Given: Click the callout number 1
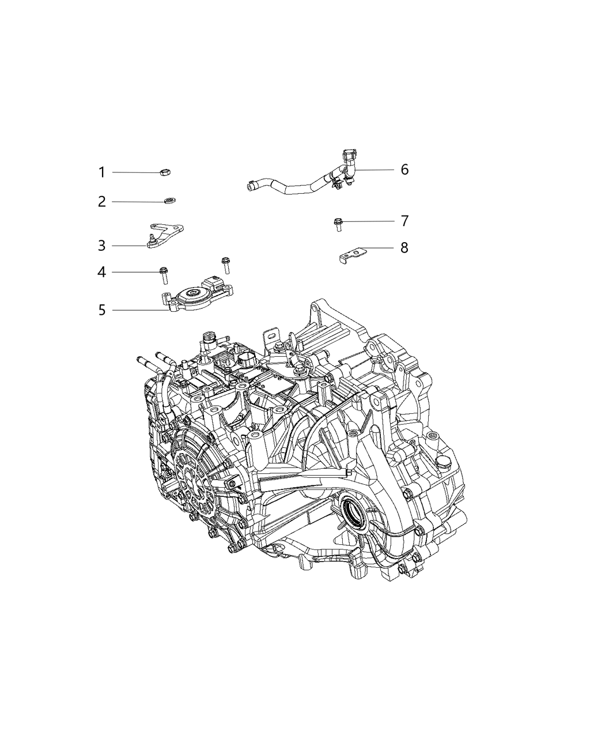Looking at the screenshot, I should click(101, 172).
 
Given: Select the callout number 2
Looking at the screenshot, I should click(101, 202).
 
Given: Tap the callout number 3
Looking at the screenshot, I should click(101, 246).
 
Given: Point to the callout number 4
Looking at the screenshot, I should click(101, 272).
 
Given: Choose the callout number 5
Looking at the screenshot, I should click(101, 311).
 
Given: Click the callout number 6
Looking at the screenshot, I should click(404, 169).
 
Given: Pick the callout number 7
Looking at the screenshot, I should click(404, 221).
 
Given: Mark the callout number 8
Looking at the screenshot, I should click(404, 248).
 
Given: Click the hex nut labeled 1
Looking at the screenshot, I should click(164, 171).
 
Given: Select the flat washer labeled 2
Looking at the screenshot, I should click(170, 201).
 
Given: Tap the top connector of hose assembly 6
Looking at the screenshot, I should click(347, 156).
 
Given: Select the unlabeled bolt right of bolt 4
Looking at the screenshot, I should click(226, 265).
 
